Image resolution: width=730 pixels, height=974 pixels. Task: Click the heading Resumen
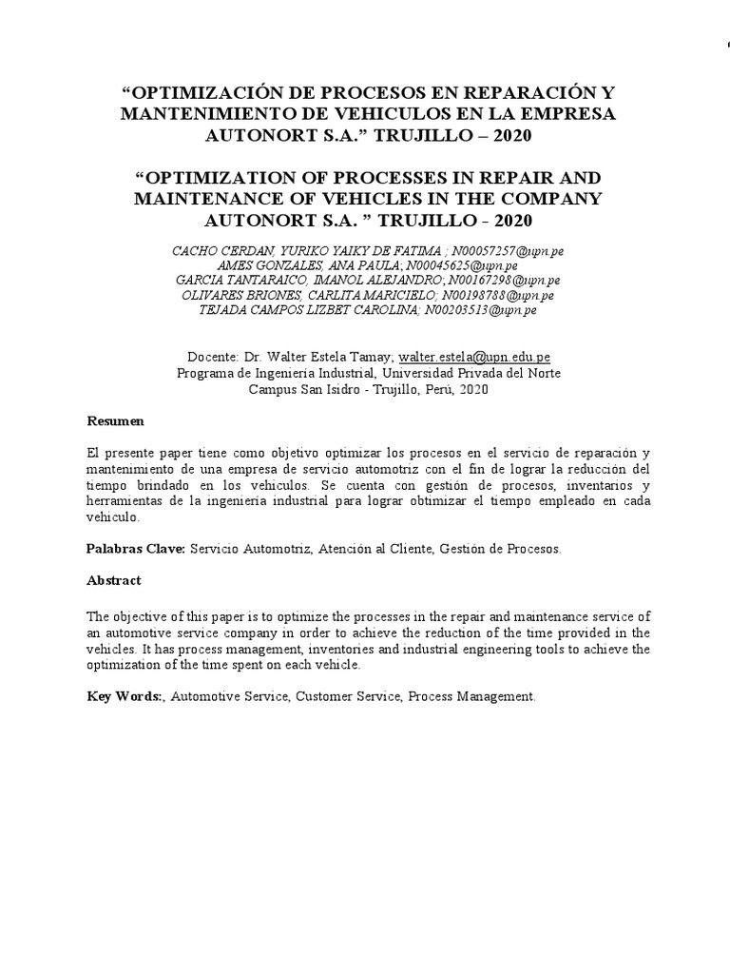coord(116,420)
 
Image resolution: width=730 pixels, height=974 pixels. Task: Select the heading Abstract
coord(114,580)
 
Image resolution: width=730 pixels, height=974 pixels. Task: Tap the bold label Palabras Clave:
coord(137,549)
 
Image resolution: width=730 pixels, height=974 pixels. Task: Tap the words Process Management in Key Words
coord(472,697)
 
